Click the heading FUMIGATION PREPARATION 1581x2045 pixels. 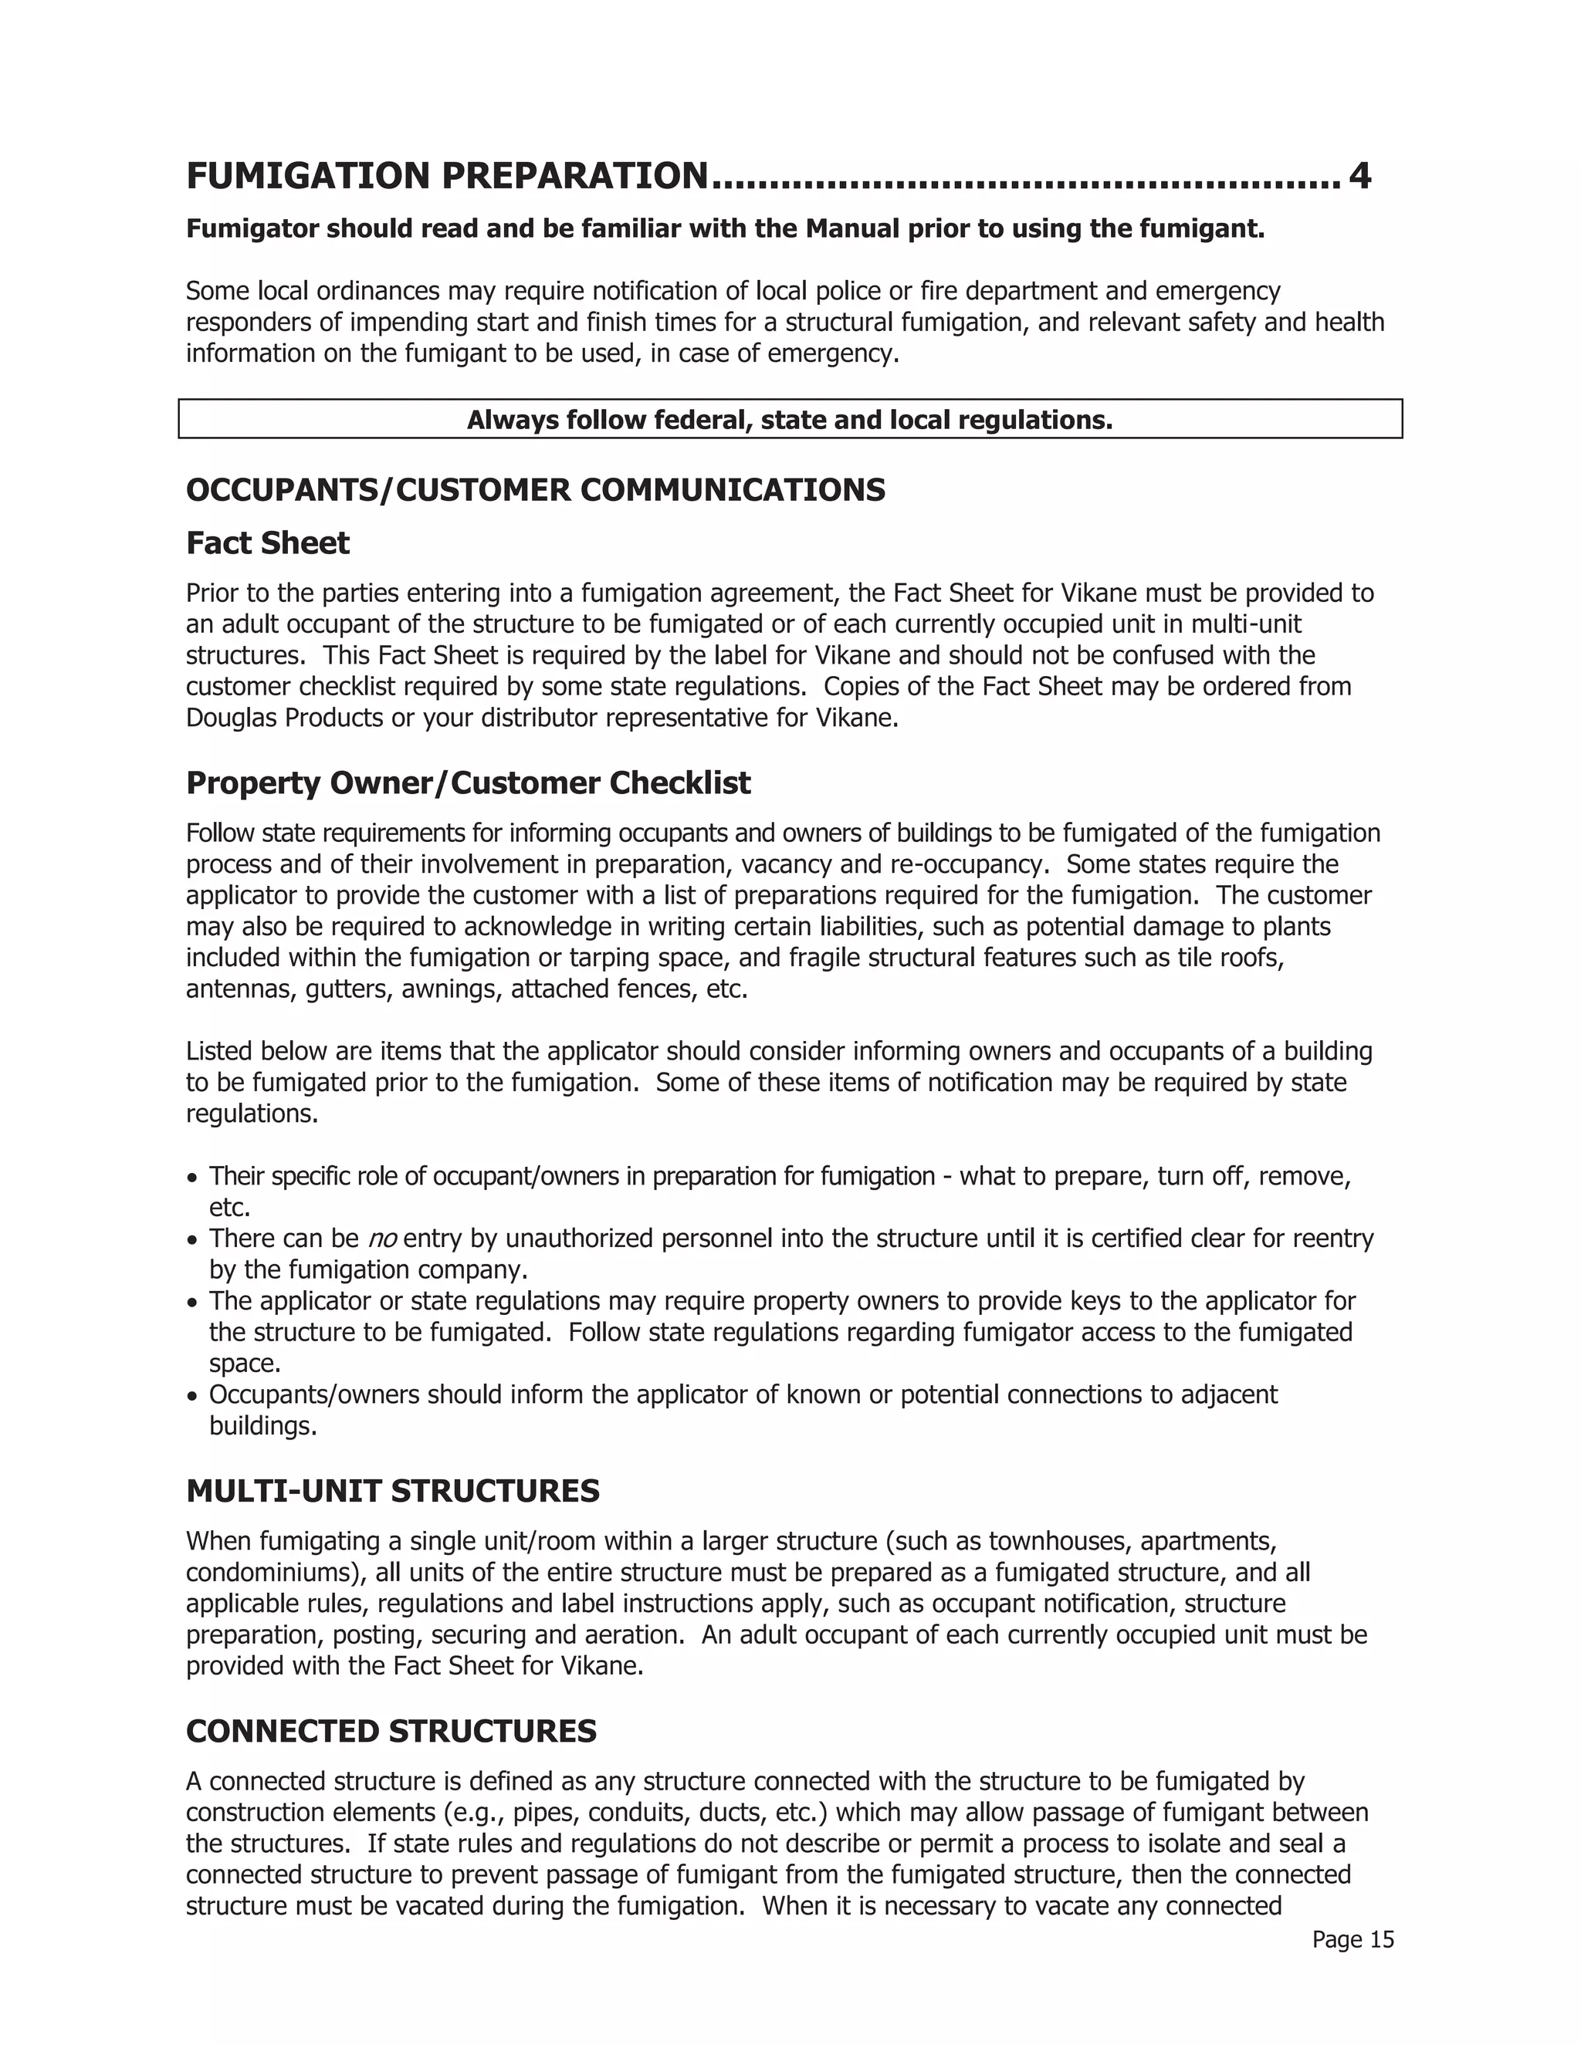click(446, 176)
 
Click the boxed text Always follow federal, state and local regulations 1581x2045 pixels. click(790, 420)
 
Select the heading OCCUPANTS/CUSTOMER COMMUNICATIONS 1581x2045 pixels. click(535, 490)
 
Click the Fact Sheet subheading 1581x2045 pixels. click(267, 543)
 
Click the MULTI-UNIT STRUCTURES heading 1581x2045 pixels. click(392, 1491)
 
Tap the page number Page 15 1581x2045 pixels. click(1352, 1939)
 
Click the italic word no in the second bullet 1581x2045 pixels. click(381, 1239)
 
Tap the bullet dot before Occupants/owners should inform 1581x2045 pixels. click(192, 1397)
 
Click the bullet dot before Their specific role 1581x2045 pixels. click(192, 1178)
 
